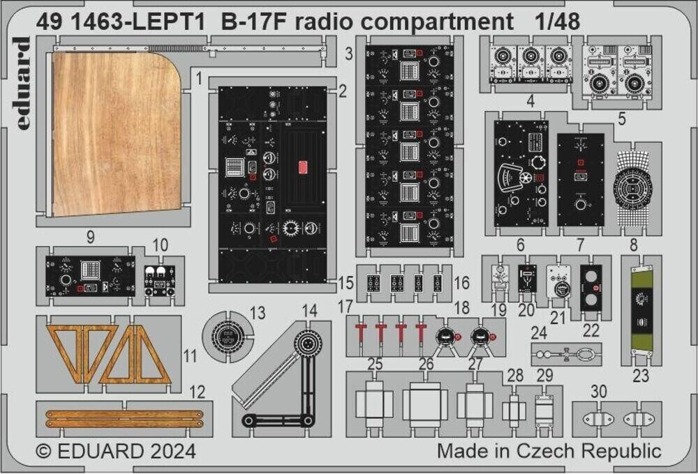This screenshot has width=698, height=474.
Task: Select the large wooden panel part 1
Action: (x=115, y=132)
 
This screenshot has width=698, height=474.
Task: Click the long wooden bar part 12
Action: (x=124, y=418)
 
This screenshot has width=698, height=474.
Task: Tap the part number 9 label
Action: (x=90, y=237)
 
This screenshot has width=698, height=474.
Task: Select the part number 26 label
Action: (x=426, y=364)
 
